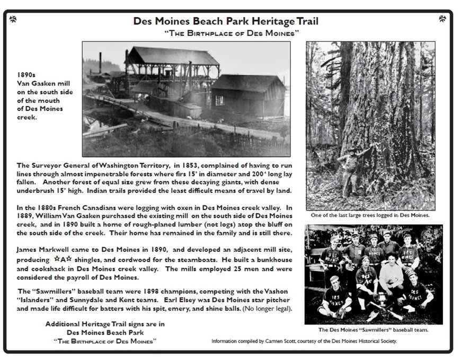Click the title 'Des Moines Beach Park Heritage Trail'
[226, 22]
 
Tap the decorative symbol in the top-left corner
[13, 20]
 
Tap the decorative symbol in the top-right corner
[442, 20]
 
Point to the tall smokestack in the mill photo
[100, 63]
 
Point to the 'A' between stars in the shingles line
[62, 259]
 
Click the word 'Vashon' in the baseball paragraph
[275, 291]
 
